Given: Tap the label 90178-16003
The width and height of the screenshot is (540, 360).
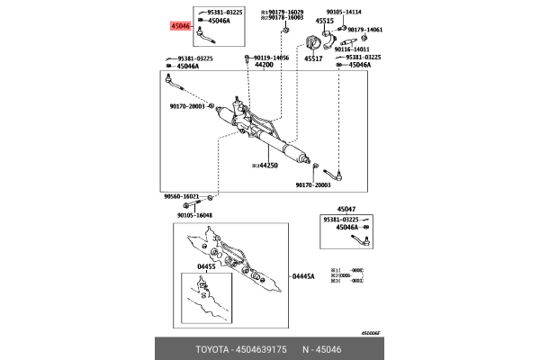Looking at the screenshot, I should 281,17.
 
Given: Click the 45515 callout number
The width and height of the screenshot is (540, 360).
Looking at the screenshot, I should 324,20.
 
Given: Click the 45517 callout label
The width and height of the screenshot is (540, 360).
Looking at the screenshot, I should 313,58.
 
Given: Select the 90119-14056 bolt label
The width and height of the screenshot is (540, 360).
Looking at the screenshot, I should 270,57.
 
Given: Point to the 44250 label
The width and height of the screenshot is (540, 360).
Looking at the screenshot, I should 269,165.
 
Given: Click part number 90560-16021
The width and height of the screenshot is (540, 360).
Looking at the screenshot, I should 181,195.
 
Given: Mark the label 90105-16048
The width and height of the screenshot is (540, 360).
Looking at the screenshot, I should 194,215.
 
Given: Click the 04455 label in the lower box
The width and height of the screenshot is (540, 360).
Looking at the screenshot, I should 208,267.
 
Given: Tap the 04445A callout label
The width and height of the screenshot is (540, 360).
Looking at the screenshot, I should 302,277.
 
